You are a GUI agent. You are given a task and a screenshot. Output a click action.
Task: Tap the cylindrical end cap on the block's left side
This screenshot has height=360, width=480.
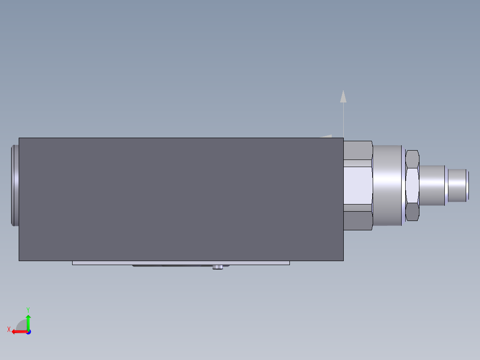pyautogui.click(x=15, y=185)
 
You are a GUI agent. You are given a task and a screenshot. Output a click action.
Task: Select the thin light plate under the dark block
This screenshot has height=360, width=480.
pyautogui.click(x=181, y=263)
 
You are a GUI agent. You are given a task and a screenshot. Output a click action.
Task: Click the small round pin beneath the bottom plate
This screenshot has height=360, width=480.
pyautogui.click(x=218, y=267)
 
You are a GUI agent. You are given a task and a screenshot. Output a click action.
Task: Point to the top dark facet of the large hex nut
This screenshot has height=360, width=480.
pyautogui.click(x=358, y=150)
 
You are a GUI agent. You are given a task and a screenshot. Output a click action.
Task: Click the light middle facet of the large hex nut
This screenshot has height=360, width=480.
pyautogui.click(x=358, y=185)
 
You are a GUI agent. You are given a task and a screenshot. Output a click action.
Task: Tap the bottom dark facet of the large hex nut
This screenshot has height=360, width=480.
pyautogui.click(x=358, y=220)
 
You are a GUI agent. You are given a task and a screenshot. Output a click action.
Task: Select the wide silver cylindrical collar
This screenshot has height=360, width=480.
pyautogui.click(x=387, y=185)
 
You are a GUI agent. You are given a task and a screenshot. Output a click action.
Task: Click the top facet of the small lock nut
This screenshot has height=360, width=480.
pyautogui.click(x=412, y=159)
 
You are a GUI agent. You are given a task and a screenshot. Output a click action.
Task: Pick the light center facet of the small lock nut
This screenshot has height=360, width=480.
pyautogui.click(x=412, y=185)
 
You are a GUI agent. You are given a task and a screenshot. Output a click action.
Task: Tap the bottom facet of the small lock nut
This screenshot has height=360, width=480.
pyautogui.click(x=412, y=212)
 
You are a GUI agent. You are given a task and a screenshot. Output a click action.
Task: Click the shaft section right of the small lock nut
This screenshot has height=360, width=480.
pyautogui.click(x=432, y=185)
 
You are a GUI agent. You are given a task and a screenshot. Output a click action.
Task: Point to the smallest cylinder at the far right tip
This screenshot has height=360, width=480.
pyautogui.click(x=458, y=184)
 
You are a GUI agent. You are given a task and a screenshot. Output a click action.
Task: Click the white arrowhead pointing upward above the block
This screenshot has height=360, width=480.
pyautogui.click(x=343, y=96)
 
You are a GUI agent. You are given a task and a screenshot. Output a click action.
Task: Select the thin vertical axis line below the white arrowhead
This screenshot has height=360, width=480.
pyautogui.click(x=343, y=120)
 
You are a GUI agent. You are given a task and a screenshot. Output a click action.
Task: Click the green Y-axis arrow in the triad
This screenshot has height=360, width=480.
pyautogui.click(x=28, y=320)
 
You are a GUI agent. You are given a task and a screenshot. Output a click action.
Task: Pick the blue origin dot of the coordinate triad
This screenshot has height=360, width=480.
pyautogui.click(x=28, y=332)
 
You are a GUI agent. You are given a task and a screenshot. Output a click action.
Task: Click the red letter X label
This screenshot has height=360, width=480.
pyautogui.click(x=8, y=330)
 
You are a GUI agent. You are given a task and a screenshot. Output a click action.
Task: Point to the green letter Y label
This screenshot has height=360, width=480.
pyautogui.click(x=28, y=309)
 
